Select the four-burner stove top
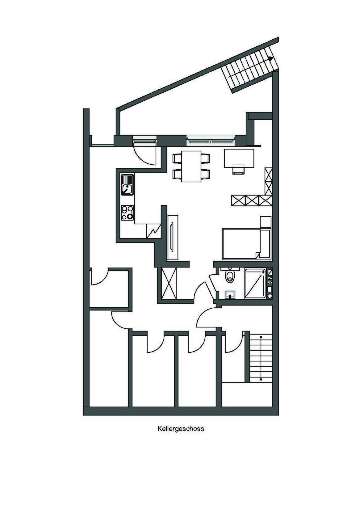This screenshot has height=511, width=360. [128, 213]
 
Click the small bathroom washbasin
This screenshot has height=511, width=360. [231, 295]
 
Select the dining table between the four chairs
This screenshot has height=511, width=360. [191, 166]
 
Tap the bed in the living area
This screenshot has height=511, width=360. [247, 244]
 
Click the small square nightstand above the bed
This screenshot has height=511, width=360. [266, 222]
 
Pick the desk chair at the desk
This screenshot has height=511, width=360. [238, 169]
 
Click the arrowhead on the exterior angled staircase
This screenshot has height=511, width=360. [270, 59]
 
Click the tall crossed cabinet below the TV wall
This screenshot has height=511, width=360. [169, 284]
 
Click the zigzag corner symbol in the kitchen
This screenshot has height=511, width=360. [154, 231]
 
